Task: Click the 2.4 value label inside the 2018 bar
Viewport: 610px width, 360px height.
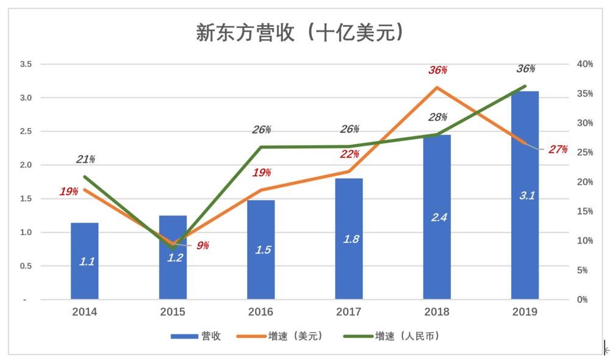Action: pos(439,217)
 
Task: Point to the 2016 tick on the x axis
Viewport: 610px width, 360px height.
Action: pos(260,312)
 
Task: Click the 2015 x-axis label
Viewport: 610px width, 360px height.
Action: pos(173,312)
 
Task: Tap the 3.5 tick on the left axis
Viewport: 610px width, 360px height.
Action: pos(26,64)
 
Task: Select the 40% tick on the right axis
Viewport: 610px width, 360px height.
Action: pos(585,64)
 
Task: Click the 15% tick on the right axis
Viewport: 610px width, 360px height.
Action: pos(585,211)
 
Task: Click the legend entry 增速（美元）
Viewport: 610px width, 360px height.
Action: pos(295,336)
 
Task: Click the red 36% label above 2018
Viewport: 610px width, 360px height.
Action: pos(437,70)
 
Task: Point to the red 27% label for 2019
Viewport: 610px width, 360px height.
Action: pos(558,149)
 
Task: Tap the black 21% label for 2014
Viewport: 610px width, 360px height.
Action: pos(85,159)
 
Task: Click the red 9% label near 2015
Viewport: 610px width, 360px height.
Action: pos(203,245)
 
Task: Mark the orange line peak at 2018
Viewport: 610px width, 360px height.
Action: pos(437,87)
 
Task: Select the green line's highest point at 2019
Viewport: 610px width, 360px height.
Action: pos(525,86)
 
